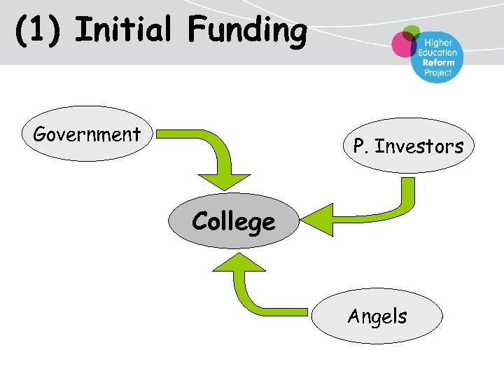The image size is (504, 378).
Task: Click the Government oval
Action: (87, 134)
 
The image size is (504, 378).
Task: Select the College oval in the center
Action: (234, 221)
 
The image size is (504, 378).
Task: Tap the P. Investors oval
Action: (408, 146)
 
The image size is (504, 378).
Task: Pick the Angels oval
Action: (377, 317)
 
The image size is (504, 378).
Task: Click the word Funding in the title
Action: (246, 31)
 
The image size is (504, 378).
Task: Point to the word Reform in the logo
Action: (438, 62)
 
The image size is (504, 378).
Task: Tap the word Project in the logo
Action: (438, 73)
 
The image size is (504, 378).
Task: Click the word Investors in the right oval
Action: (419, 146)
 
